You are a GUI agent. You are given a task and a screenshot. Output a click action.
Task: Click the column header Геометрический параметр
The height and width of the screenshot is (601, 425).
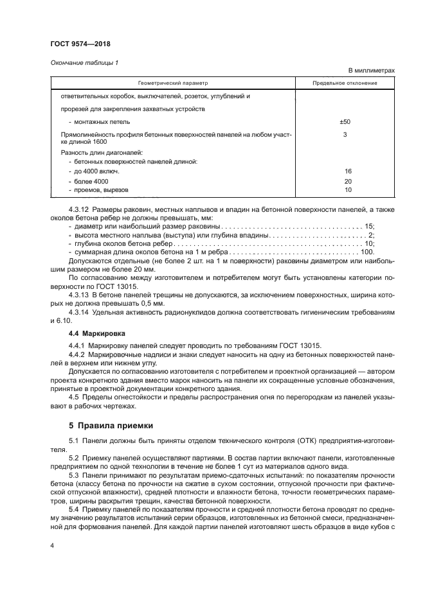(172, 83)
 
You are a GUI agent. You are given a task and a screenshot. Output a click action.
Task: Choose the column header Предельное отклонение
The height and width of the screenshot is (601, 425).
(345, 83)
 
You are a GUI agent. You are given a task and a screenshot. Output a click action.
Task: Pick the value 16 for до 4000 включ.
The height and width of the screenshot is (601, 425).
(348, 172)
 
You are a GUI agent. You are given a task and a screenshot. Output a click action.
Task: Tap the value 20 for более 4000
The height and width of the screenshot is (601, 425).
(348, 182)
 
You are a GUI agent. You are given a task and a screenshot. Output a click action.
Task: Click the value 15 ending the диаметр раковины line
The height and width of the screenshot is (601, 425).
(369, 227)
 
